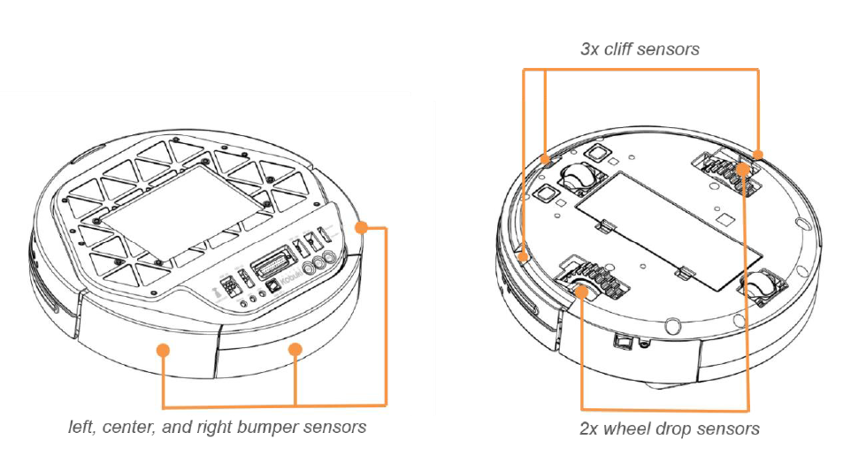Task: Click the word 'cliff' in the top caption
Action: point(625,49)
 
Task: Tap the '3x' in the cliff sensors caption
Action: point(591,49)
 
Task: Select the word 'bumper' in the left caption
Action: point(264,428)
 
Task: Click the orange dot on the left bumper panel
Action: point(163,351)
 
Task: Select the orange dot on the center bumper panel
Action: point(297,351)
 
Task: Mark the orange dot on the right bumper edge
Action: point(360,228)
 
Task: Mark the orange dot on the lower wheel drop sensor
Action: point(581,288)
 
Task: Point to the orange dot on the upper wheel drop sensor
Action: point(745,169)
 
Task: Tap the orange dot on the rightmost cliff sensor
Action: point(759,155)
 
